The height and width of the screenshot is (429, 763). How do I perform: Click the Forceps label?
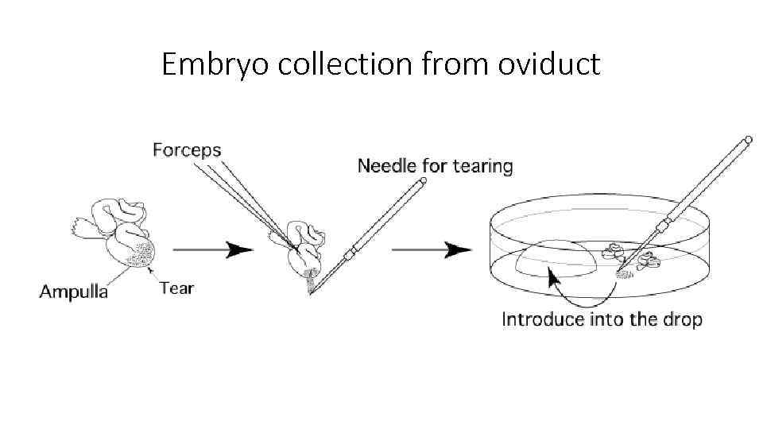pos(187,149)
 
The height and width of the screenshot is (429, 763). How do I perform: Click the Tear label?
pos(176,288)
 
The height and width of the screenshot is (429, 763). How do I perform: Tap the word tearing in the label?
pos(482,167)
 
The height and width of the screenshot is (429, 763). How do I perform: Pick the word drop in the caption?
pos(683,320)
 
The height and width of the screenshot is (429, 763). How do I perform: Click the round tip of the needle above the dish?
pos(747,140)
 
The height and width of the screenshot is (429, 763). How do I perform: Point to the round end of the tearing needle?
pos(423,182)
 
